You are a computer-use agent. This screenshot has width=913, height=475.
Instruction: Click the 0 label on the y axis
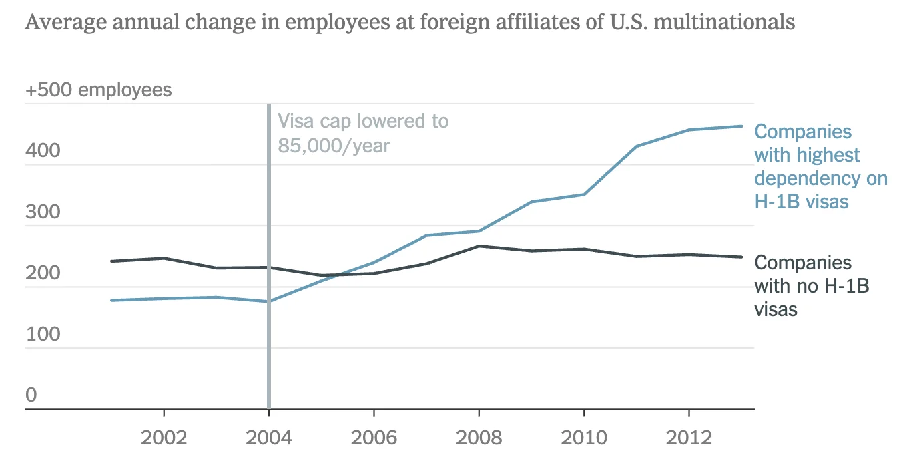[x=31, y=395]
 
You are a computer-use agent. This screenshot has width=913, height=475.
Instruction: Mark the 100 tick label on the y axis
[x=43, y=335]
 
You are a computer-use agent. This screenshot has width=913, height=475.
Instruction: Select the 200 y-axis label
[x=43, y=273]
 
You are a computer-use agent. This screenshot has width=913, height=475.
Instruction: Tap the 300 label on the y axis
[x=43, y=212]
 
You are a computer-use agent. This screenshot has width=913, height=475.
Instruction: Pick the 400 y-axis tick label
[x=43, y=151]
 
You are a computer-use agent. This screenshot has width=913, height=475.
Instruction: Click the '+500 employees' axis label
[x=98, y=90]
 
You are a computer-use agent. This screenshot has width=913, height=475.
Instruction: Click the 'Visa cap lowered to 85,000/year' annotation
[x=362, y=133]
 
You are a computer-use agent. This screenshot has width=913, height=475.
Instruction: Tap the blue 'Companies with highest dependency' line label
[x=820, y=166]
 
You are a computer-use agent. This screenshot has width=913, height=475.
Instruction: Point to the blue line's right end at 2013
[x=742, y=126]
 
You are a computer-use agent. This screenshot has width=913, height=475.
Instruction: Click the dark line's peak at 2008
[x=479, y=246]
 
